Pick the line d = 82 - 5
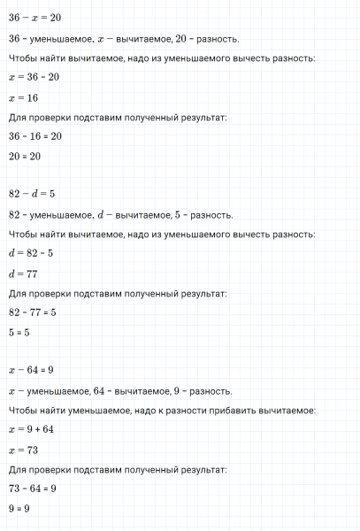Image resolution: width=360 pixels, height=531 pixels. pyautogui.click(x=30, y=255)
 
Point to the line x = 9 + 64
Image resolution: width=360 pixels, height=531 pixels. pyautogui.click(x=32, y=430)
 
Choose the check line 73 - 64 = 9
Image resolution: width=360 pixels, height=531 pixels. pyautogui.click(x=33, y=488)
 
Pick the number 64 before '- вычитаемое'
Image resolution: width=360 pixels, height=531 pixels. pyautogui.click(x=108, y=390)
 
